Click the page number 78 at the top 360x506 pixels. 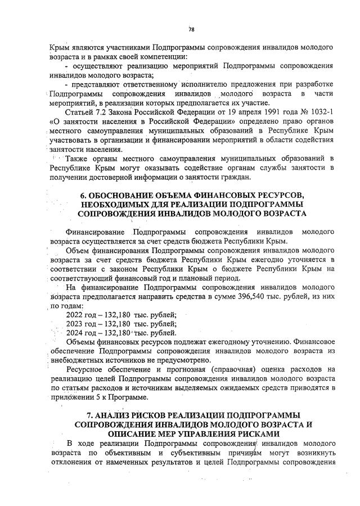[191, 29]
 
